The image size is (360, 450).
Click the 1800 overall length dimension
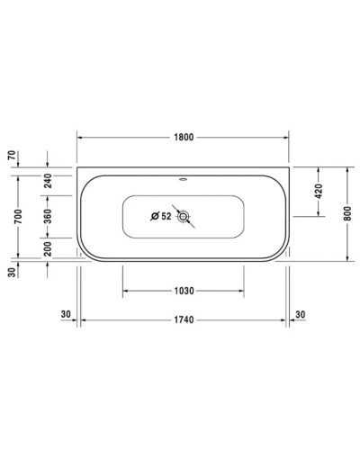tap(184, 138)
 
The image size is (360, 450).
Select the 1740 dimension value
tap(184, 320)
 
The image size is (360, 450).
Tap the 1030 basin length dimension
tap(184, 291)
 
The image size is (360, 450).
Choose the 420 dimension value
tap(318, 191)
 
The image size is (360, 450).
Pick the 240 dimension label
tap(48, 179)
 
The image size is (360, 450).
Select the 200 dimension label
tap(48, 248)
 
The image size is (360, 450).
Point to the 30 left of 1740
tap(66, 314)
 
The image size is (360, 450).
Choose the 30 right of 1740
tap(301, 314)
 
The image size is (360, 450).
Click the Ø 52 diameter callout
tap(160, 216)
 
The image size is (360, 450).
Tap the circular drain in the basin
tap(184, 216)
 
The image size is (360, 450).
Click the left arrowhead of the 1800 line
tap(81, 138)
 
